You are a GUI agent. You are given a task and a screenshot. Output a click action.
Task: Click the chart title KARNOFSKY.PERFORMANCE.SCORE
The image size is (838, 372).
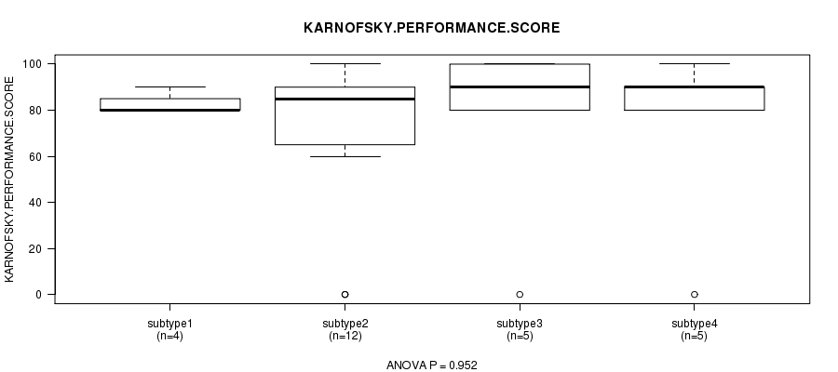click(431, 28)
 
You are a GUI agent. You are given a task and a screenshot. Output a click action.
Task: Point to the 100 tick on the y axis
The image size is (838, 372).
click(36, 64)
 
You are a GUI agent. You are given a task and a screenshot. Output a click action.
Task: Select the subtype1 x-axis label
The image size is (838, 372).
click(169, 323)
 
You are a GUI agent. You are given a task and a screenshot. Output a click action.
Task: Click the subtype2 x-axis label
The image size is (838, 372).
click(345, 323)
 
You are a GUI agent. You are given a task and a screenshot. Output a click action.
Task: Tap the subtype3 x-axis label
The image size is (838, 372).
click(519, 323)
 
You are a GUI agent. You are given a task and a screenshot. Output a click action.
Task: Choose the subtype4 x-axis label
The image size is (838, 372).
click(694, 323)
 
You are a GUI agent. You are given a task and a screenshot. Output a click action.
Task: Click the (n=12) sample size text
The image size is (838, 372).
click(345, 335)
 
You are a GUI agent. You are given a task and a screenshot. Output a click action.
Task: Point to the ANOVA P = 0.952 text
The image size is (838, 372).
click(431, 365)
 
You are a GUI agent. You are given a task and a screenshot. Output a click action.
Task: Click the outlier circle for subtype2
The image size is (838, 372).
click(345, 294)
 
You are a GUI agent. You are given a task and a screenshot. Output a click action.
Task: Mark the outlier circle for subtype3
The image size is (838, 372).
click(520, 294)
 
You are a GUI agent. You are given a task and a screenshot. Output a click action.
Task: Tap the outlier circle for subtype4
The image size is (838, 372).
click(694, 294)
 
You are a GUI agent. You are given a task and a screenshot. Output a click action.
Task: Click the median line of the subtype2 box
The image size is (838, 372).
click(345, 99)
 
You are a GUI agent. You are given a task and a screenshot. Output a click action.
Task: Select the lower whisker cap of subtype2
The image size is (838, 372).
click(345, 156)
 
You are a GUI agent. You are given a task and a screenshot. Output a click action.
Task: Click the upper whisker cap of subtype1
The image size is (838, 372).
click(169, 86)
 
